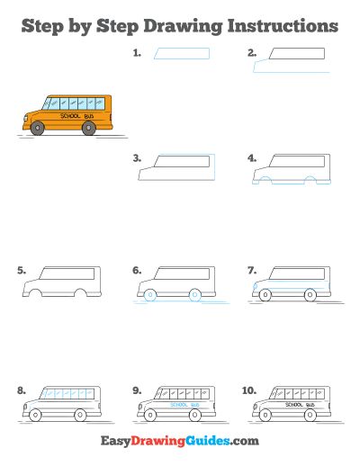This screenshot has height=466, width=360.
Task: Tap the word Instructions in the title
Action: pyautogui.click(x=283, y=26)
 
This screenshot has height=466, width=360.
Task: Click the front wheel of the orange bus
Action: pyautogui.click(x=38, y=128)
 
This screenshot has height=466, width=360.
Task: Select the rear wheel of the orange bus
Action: pyautogui.click(x=89, y=128)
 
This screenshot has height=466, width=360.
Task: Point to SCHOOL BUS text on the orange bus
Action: pyautogui.click(x=77, y=116)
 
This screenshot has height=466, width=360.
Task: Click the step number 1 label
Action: pyautogui.click(x=137, y=53)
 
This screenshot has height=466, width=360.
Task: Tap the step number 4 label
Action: pyautogui.click(x=252, y=158)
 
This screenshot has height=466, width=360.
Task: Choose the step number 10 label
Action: pyautogui.click(x=249, y=390)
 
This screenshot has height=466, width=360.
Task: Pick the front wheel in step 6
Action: pyautogui.click(x=150, y=295)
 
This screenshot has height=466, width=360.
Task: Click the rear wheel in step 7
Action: pyautogui.click(x=310, y=295)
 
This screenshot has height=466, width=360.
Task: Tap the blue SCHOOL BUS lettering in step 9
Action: pyautogui.click(x=184, y=405)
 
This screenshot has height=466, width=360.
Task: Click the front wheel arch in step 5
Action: pyautogui.click(x=35, y=290)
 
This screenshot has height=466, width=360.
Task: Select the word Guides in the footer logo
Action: pyautogui.click(x=208, y=441)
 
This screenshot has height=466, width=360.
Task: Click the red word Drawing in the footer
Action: pyautogui.click(x=158, y=442)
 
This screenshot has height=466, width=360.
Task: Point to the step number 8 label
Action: pyautogui.click(x=22, y=390)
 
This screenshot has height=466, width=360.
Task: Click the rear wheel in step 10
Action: pyautogui.click(x=310, y=416)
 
